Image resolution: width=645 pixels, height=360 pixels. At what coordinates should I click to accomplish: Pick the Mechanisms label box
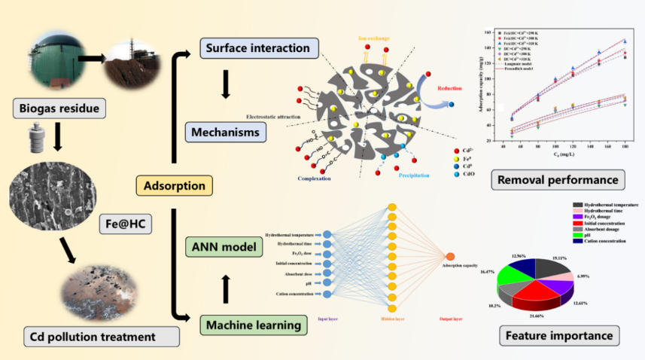225,133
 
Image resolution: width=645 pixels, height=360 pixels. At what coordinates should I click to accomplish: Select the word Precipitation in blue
409,175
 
